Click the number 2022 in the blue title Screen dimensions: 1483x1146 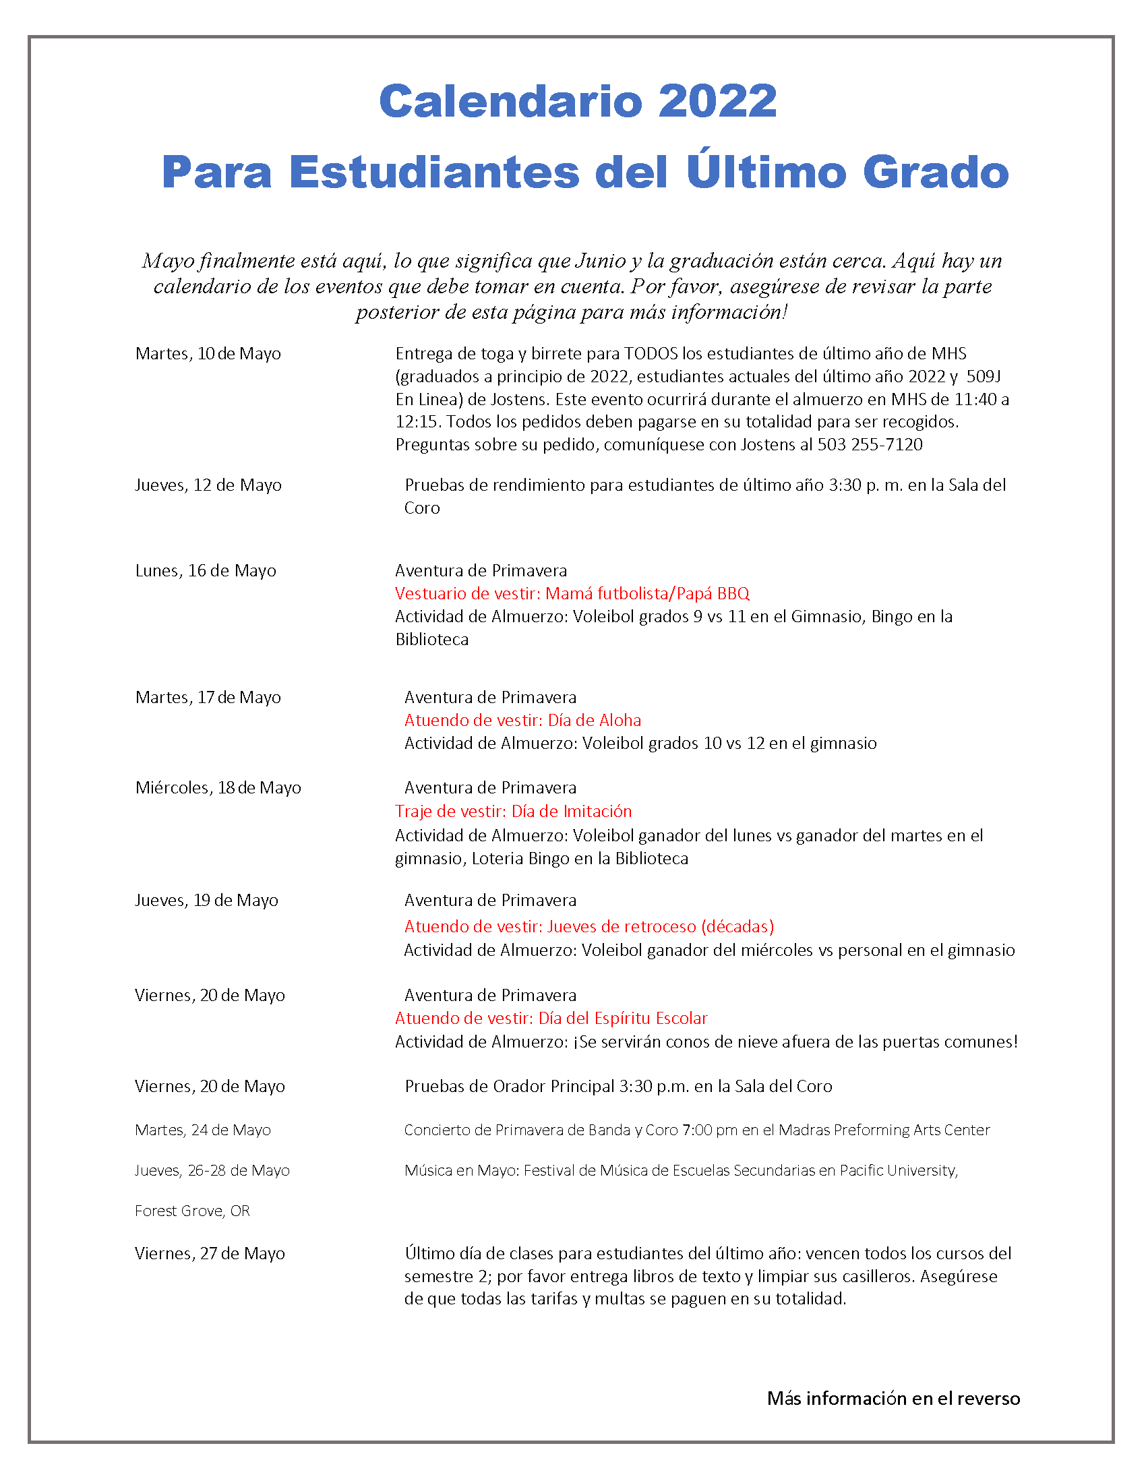pyautogui.click(x=717, y=101)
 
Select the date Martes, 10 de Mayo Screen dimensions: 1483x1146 pyautogui.click(x=208, y=354)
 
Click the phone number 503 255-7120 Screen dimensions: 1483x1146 pyautogui.click(x=870, y=445)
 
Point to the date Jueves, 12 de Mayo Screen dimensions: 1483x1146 pyautogui.click(x=208, y=485)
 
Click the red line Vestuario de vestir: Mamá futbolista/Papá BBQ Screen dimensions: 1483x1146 pyautogui.click(x=572, y=594)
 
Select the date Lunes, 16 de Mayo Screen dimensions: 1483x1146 pyautogui.click(x=206, y=571)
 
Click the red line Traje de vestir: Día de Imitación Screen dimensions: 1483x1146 pyautogui.click(x=513, y=812)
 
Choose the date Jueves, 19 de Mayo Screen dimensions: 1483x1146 pyautogui.click(x=206, y=901)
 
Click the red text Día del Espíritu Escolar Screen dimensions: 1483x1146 pyautogui.click(x=623, y=1019)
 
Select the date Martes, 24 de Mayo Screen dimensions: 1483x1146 pyautogui.click(x=202, y=1130)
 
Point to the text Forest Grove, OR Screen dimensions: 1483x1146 pyautogui.click(x=192, y=1211)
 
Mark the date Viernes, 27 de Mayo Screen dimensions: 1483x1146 pyautogui.click(x=210, y=1254)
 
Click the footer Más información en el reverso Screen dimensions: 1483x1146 pyautogui.click(x=893, y=1399)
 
